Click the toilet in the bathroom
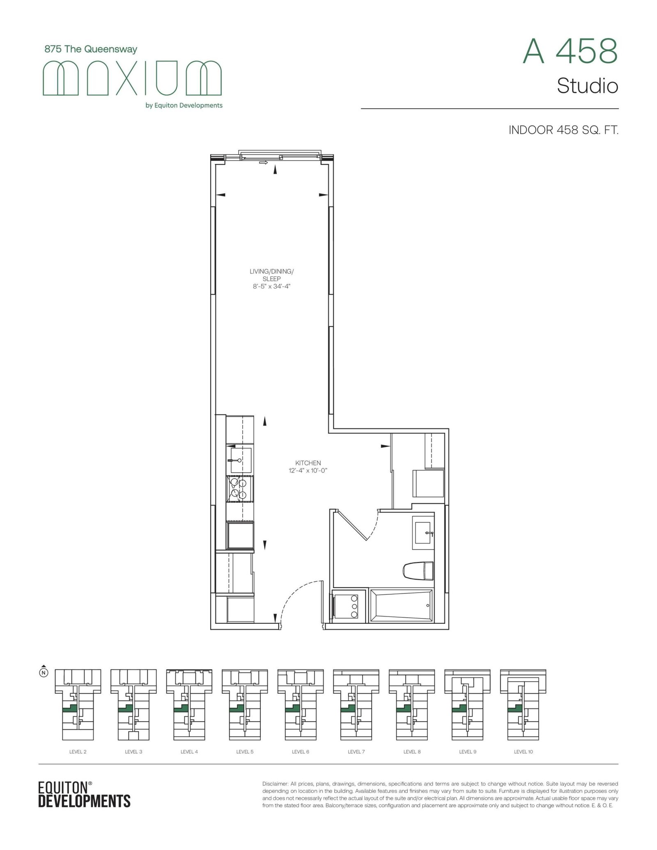click(418, 571)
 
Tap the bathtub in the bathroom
click(401, 606)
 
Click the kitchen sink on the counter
click(240, 460)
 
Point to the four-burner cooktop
click(239, 489)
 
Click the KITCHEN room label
click(308, 463)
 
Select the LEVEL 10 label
click(523, 752)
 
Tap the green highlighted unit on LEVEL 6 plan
click(291, 708)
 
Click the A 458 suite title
click(570, 51)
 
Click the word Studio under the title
click(587, 86)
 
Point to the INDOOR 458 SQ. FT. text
click(563, 130)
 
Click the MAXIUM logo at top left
click(132, 78)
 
